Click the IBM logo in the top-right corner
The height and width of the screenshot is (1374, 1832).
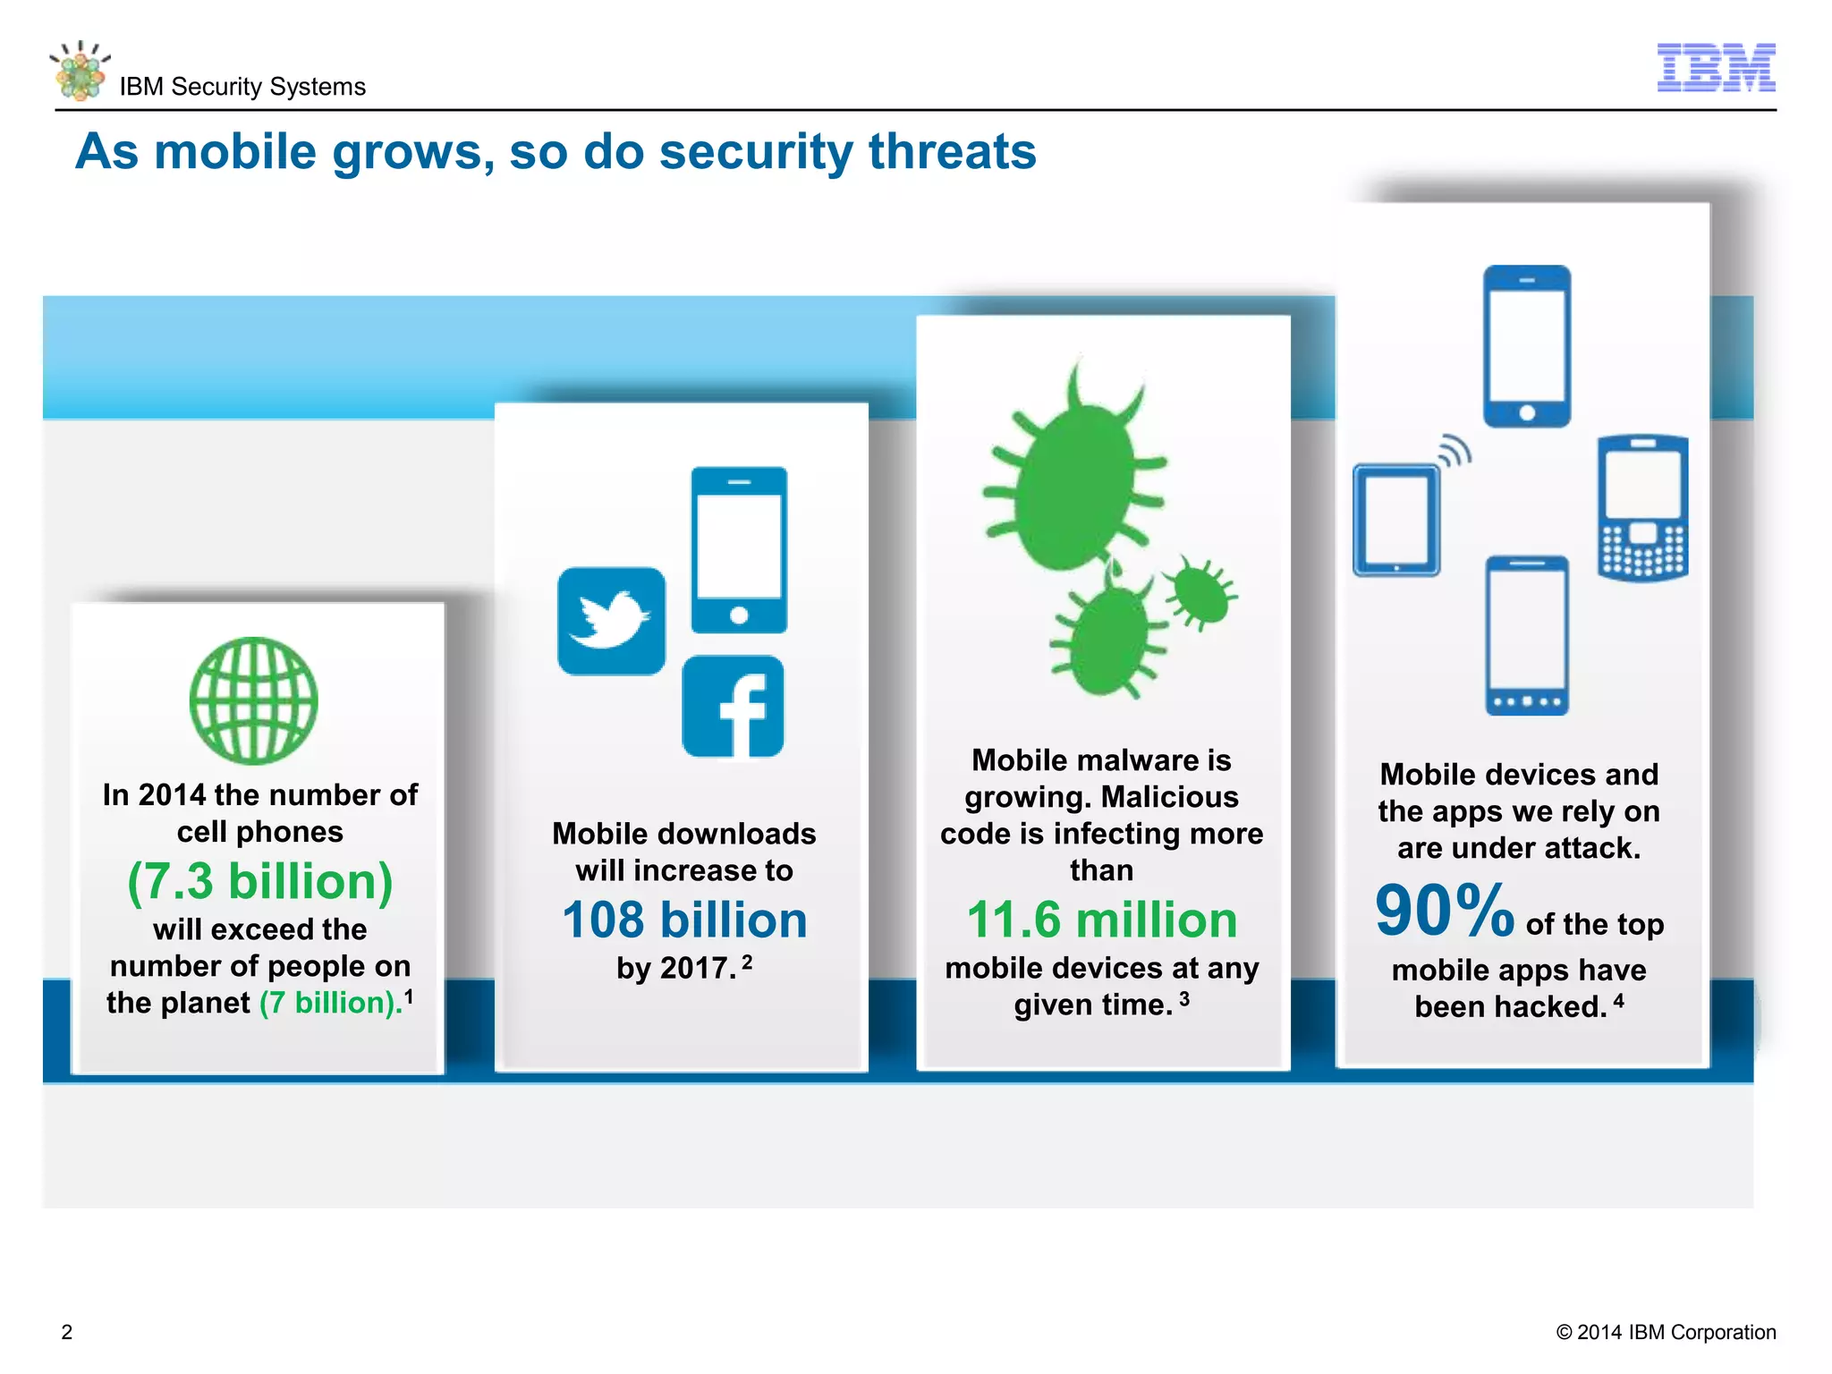(1716, 67)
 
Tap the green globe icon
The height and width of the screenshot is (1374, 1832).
(253, 700)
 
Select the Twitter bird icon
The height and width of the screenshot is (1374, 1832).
(612, 620)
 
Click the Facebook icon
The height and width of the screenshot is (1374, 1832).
(733, 707)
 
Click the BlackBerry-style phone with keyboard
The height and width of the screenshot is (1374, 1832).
(1642, 507)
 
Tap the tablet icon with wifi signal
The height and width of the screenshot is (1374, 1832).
(1397, 519)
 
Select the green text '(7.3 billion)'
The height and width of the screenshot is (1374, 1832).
(260, 881)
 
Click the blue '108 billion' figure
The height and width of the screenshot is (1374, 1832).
(684, 920)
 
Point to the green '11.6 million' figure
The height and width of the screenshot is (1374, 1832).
(1102, 920)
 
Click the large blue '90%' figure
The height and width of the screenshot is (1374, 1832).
(1444, 911)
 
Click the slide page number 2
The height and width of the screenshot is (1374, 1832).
(67, 1332)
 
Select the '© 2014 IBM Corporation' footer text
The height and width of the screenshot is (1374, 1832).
(1666, 1332)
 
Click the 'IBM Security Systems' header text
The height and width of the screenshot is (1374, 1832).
(242, 87)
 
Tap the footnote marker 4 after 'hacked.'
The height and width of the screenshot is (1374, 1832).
(1618, 1000)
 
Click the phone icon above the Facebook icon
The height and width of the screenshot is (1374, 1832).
(739, 549)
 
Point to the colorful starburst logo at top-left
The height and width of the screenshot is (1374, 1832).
(81, 71)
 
